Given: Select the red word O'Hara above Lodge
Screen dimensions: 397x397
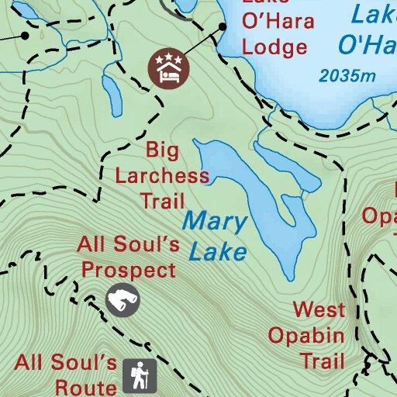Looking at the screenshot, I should (x=278, y=20).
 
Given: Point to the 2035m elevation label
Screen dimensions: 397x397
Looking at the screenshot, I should (x=347, y=76).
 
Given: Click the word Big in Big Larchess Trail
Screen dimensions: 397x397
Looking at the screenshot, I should (x=162, y=150).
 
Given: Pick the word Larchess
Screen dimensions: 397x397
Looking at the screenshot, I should (x=162, y=175).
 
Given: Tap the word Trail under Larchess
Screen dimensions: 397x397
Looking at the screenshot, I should (x=163, y=201).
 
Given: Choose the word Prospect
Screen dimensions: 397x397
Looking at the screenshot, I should (x=129, y=271).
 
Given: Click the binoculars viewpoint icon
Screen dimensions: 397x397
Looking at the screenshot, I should (x=123, y=300).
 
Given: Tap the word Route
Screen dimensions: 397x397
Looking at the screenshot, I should (x=86, y=385).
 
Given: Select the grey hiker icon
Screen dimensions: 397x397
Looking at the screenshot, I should (x=140, y=377).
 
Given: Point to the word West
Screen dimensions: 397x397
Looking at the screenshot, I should (x=319, y=311).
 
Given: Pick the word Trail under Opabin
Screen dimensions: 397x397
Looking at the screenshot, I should (x=322, y=361).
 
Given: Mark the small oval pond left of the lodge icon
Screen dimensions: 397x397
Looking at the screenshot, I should (x=113, y=94).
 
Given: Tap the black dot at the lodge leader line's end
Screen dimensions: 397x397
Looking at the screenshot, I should (x=223, y=26).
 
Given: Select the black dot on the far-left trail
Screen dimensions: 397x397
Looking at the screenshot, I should (x=26, y=35).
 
